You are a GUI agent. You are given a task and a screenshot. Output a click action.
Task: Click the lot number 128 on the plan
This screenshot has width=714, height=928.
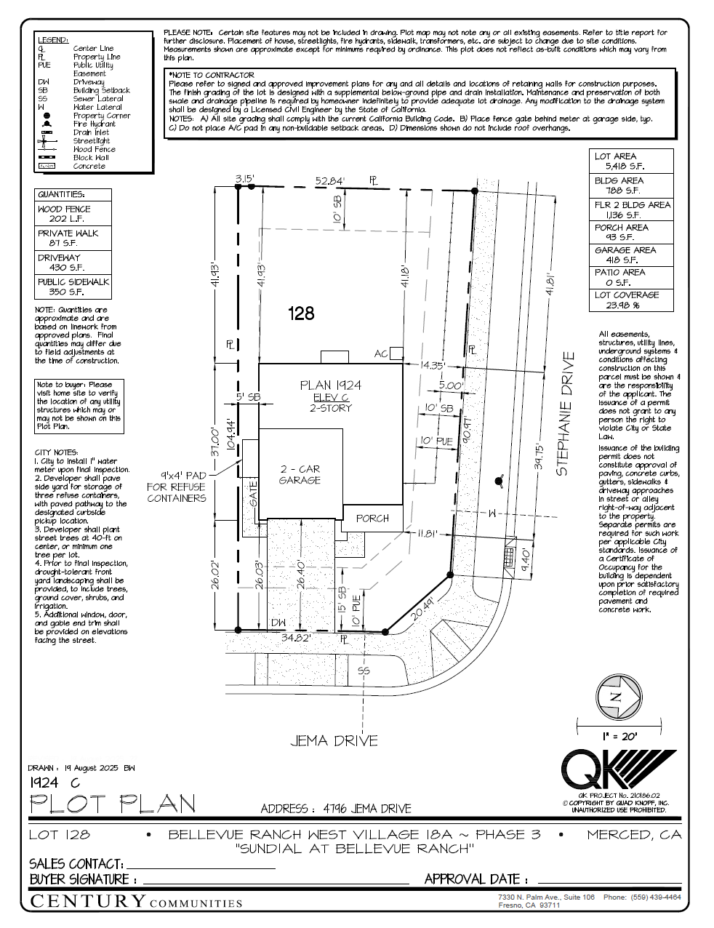click(301, 313)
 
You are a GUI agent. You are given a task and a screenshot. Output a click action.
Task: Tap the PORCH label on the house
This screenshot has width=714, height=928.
click(372, 519)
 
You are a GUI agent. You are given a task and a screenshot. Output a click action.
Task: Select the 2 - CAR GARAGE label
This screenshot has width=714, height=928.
click(300, 475)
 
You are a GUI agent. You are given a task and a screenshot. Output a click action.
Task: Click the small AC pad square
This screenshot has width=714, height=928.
click(396, 353)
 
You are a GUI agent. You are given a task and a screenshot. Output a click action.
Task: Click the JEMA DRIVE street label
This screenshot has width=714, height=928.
click(334, 741)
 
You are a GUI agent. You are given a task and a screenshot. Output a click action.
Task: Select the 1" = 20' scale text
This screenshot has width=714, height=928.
click(619, 737)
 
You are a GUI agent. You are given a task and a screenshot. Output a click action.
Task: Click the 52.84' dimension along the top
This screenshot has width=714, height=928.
click(329, 180)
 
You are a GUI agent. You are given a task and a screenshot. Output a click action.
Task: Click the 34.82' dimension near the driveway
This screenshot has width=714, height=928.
click(296, 638)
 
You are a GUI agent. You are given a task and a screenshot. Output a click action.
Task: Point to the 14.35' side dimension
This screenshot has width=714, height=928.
click(431, 366)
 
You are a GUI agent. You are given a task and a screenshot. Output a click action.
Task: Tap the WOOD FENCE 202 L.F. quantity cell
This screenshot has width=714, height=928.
click(73, 214)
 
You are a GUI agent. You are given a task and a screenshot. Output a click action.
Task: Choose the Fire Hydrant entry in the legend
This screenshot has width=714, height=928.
click(94, 124)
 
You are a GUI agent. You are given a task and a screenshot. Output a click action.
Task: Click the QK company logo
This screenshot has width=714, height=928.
click(617, 769)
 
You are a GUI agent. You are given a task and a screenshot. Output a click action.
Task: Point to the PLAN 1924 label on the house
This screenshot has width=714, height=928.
click(330, 385)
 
